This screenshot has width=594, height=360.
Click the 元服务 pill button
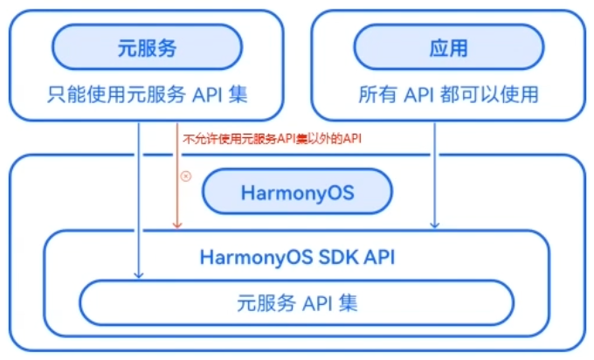tap(147, 47)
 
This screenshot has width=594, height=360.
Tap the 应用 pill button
tap(448, 47)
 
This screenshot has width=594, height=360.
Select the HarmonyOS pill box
tap(297, 192)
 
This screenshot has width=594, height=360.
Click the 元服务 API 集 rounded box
tap(297, 304)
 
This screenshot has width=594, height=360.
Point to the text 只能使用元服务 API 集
tap(147, 94)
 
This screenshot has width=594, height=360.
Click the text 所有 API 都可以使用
tap(448, 94)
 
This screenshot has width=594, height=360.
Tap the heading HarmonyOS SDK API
tap(297, 257)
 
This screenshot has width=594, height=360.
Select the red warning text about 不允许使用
tap(272, 139)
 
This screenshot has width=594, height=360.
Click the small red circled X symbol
tap(185, 176)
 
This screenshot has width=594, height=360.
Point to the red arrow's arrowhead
tap(177, 225)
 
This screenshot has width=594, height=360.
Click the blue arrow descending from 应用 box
tap(434, 175)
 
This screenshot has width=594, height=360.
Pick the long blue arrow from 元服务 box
tap(138, 201)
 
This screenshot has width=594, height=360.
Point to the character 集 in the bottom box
tap(348, 304)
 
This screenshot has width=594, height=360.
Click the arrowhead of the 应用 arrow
tap(434, 226)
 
